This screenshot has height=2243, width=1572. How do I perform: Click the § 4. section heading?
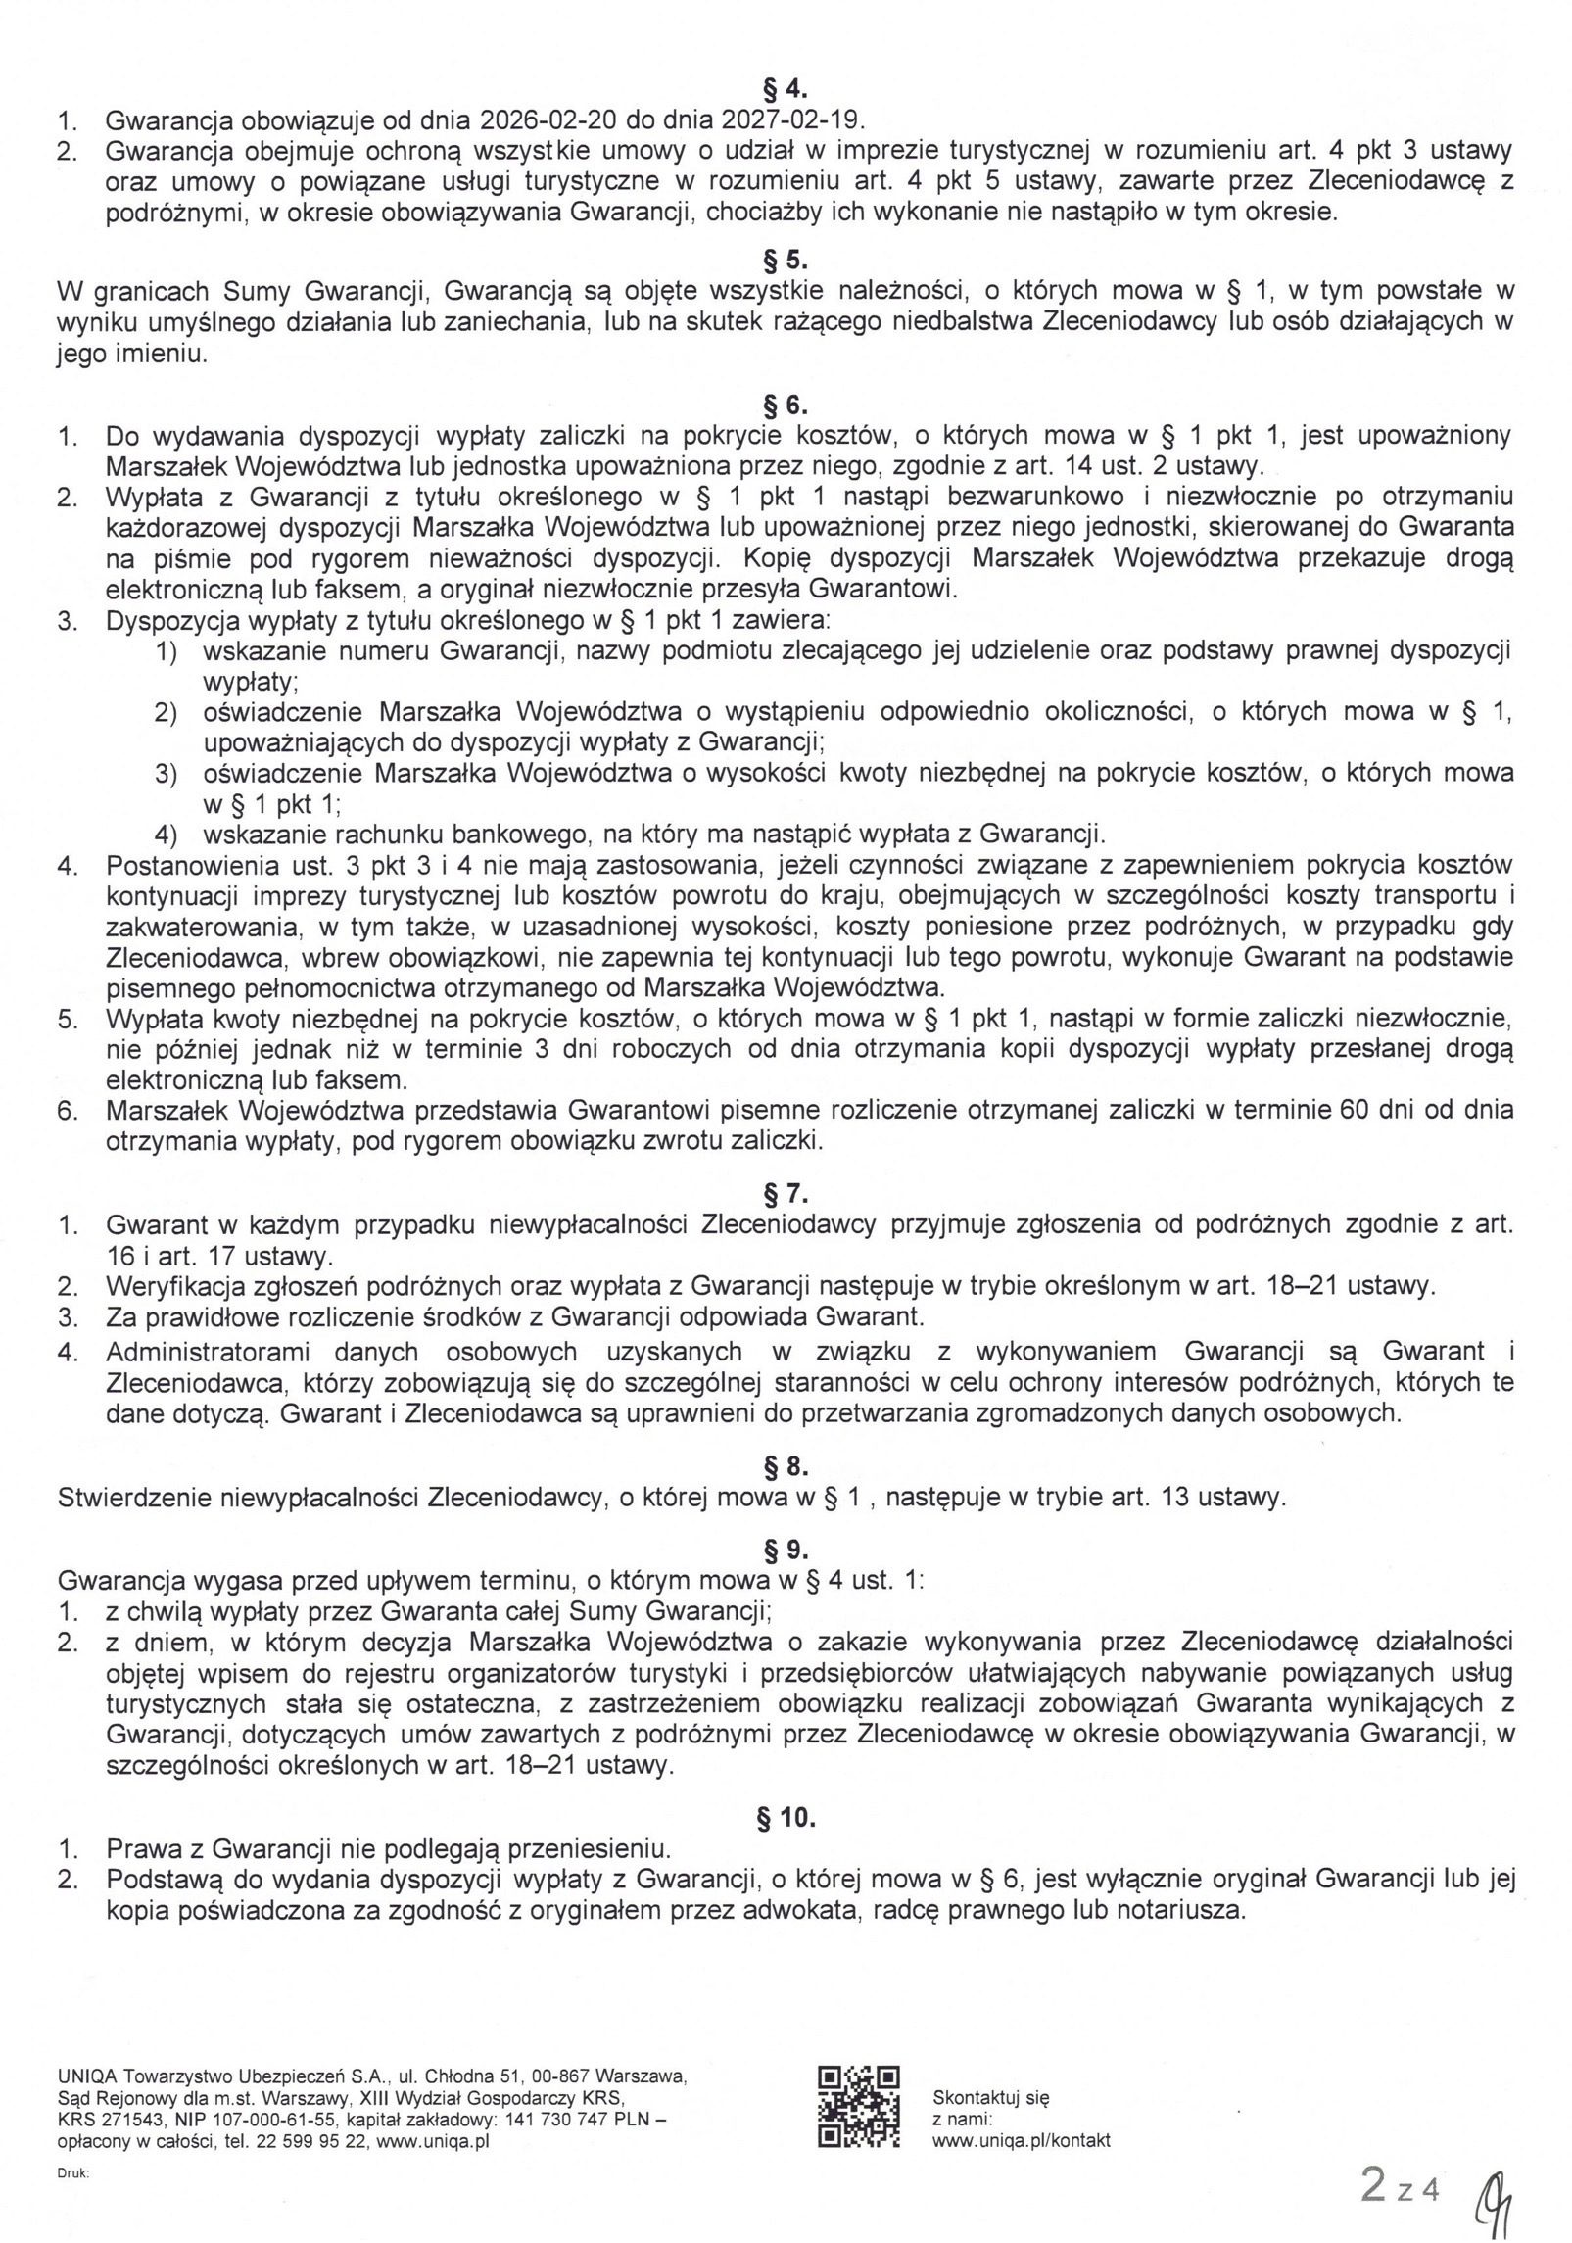coord(785,90)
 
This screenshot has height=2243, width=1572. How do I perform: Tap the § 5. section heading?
coord(785,262)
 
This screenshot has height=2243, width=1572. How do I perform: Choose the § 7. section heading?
coord(785,1194)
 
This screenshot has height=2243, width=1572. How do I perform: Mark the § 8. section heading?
coord(785,1467)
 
